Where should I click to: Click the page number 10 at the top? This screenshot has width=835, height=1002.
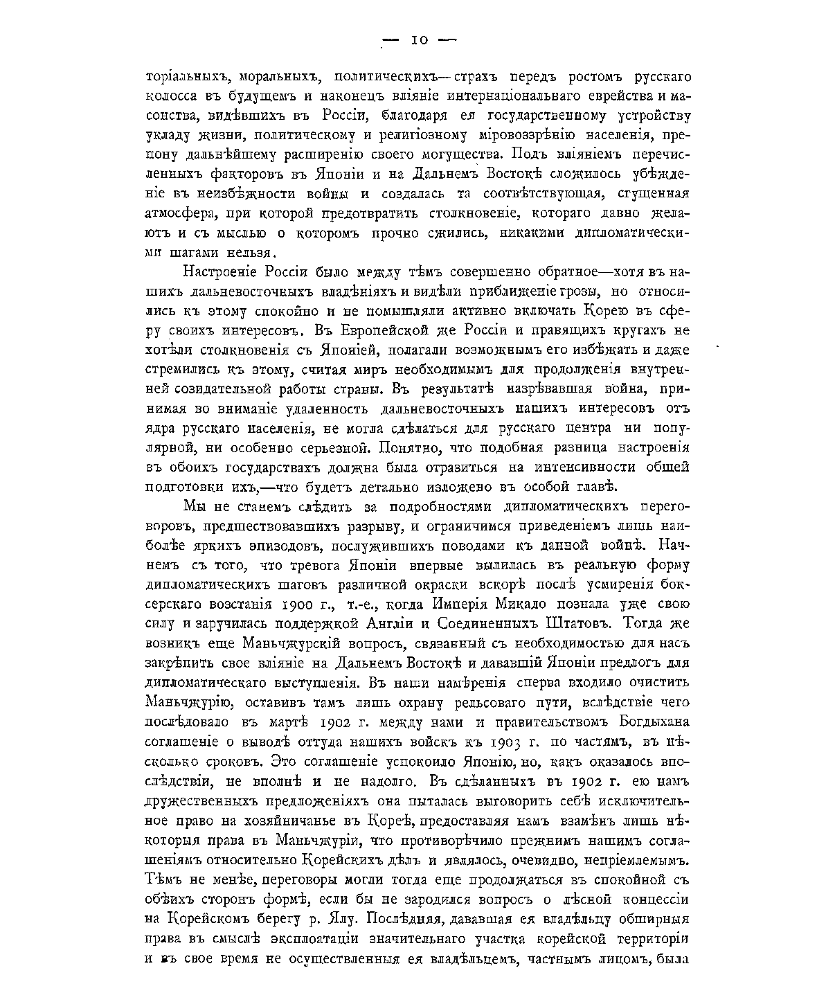pyautogui.click(x=420, y=40)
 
